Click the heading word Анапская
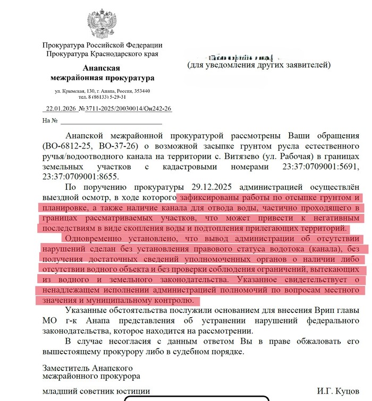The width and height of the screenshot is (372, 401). (x=102, y=68)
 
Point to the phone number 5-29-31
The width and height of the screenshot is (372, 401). (x=116, y=97)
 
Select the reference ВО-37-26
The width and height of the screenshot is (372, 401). (x=118, y=145)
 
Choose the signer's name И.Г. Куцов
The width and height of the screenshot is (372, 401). (x=338, y=391)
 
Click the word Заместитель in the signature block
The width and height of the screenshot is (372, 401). (x=68, y=368)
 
